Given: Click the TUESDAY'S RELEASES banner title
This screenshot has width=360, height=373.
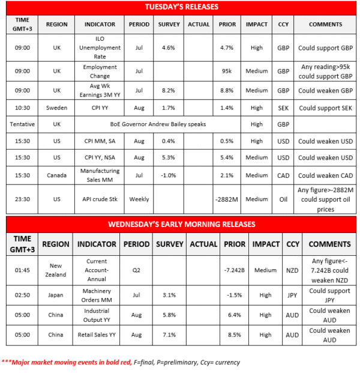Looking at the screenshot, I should click(x=182, y=7).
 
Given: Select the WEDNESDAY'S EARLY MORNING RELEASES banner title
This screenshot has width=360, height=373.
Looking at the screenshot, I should click(x=182, y=224).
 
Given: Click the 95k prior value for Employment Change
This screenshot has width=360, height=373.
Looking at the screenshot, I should click(x=227, y=71).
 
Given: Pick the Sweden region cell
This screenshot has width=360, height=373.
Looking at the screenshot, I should click(x=56, y=108).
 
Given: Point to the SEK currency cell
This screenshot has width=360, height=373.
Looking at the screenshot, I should click(x=283, y=108).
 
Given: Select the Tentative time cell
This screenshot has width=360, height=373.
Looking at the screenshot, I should click(x=21, y=124).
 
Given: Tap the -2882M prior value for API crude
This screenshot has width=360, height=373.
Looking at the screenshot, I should click(x=227, y=199).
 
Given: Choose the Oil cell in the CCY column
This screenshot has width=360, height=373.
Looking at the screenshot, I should click(x=283, y=199).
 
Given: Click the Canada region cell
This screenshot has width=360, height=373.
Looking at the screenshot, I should click(x=56, y=175).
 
